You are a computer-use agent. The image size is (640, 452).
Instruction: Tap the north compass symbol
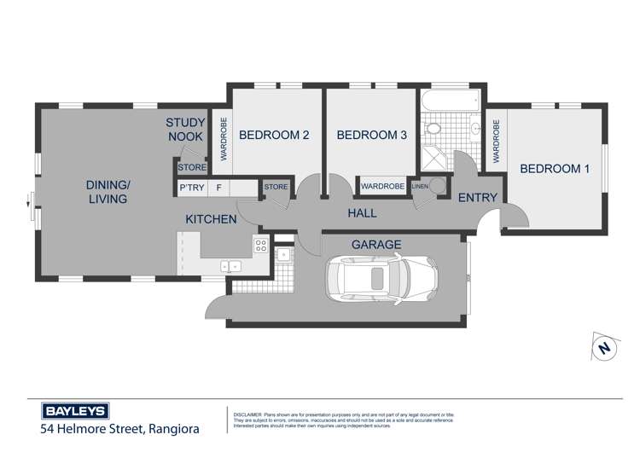coord(604,348)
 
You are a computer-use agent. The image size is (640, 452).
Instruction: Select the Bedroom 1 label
coord(555,169)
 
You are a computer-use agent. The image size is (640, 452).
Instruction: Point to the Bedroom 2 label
coord(273,135)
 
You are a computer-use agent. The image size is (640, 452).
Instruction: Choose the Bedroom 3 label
coord(371,135)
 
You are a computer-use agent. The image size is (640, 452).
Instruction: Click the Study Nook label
coord(184,130)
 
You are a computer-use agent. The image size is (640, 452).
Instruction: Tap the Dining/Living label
coord(107,192)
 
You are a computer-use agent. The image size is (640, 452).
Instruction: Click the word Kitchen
coord(211,219)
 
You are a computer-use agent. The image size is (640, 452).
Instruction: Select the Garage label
coord(376,245)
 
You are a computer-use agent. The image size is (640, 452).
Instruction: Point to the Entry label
coord(478,198)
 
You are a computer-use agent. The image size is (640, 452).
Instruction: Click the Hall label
coord(361,212)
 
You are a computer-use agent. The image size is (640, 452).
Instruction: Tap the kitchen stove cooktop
coord(261,246)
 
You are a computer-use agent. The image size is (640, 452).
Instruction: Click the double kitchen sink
coord(230,266)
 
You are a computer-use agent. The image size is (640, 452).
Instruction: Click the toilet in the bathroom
coord(433,130)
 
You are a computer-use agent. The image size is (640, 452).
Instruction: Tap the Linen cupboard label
coord(420,186)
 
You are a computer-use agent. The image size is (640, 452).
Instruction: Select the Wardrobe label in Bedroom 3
coord(381,186)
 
